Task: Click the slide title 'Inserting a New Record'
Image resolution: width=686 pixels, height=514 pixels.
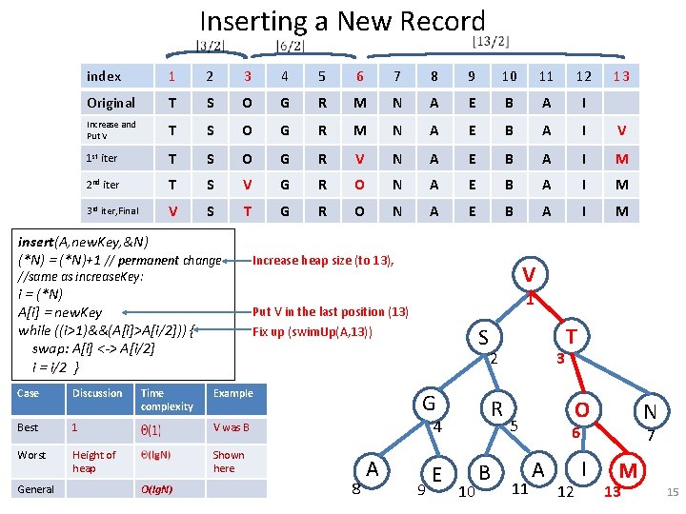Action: tap(342, 21)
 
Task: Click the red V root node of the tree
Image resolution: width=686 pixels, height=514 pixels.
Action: tap(528, 275)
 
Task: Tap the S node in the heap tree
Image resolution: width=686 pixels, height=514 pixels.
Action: tap(483, 337)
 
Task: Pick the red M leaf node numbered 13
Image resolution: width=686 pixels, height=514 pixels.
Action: tap(627, 470)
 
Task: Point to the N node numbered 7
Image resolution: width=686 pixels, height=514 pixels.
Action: tap(649, 412)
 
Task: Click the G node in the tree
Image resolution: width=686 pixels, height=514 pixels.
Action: tap(429, 403)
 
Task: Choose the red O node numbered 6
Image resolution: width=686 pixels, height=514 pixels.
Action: tap(578, 408)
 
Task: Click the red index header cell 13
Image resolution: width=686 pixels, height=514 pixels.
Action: tap(620, 76)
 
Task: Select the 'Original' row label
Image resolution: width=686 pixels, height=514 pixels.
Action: tap(111, 103)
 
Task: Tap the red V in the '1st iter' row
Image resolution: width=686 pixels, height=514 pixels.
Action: tap(359, 158)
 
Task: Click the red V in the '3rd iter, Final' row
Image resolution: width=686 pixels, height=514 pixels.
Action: tap(172, 211)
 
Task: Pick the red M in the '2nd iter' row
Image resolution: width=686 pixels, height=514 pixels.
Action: tap(621, 185)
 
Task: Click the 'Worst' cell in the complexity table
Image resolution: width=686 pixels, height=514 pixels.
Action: tap(31, 455)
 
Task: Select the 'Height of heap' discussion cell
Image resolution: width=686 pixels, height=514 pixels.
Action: tap(94, 461)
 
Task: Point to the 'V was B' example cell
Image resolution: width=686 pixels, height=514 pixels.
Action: tap(232, 427)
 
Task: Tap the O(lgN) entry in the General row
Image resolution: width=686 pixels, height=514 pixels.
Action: tap(156, 489)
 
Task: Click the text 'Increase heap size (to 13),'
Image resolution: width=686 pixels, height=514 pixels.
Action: tap(323, 260)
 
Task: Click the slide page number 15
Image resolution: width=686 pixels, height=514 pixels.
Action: tap(672, 492)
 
